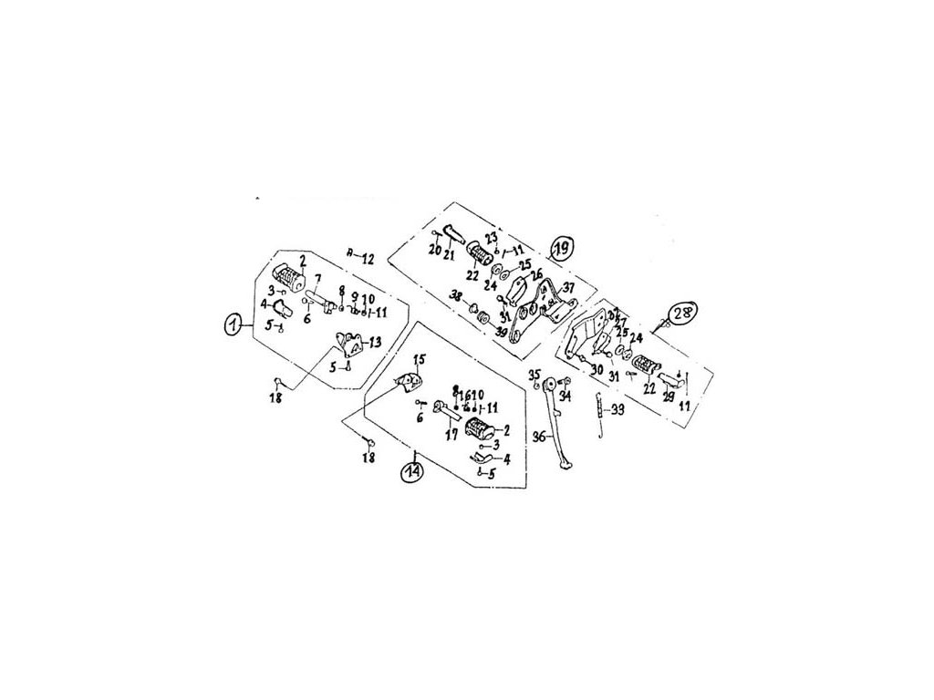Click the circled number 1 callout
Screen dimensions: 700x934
coord(233,324)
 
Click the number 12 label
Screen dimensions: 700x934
coord(368,259)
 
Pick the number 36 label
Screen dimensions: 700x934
coord(539,437)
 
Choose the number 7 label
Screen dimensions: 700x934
coord(318,278)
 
